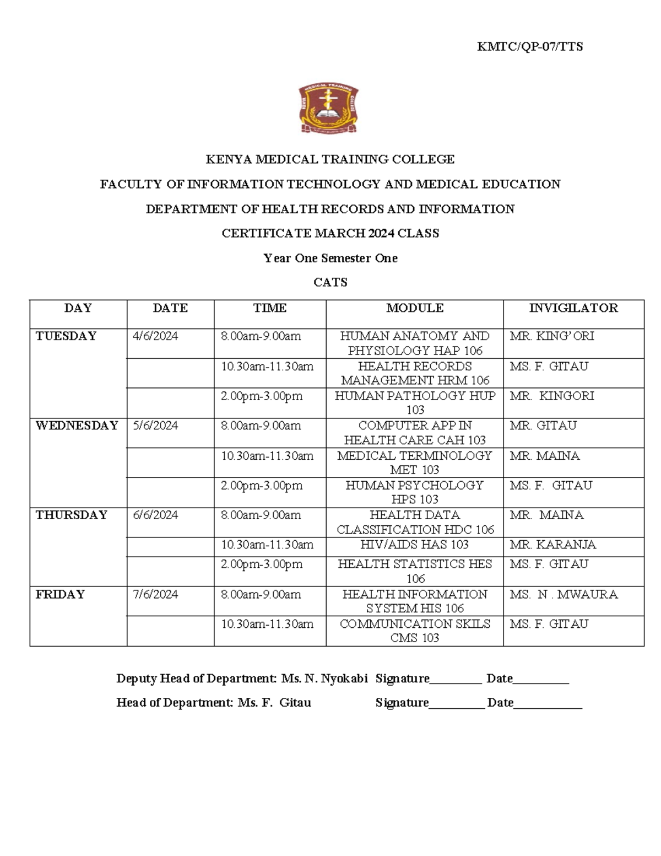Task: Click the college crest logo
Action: [328, 109]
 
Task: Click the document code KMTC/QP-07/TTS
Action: [529, 47]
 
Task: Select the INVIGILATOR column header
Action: [573, 308]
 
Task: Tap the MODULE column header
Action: [414, 308]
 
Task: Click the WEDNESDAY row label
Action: [77, 426]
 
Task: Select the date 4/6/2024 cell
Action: [155, 336]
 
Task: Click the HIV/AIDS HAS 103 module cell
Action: [414, 545]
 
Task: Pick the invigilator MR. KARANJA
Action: [552, 545]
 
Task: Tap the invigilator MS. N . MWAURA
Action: [564, 594]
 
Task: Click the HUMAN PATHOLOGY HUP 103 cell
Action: [414, 402]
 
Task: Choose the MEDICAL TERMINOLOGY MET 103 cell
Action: [414, 462]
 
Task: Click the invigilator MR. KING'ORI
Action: [551, 336]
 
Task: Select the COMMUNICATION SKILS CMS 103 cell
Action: [414, 631]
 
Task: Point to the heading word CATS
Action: [330, 283]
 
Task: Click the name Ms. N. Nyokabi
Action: [324, 679]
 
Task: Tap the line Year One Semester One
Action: [330, 258]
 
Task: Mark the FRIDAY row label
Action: [60, 594]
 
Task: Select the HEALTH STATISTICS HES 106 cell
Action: [414, 571]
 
